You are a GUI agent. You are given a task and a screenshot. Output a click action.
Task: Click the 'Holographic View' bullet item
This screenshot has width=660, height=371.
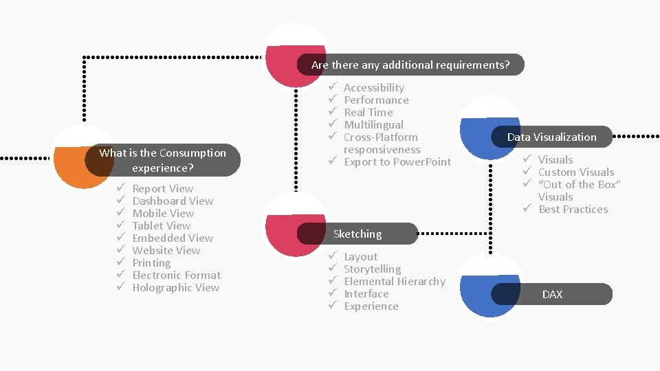(175, 287)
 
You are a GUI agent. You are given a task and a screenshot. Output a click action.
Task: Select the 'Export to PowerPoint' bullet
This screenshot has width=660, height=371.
(397, 161)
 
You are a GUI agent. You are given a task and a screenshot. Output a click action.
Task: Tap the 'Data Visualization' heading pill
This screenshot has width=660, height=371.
(551, 137)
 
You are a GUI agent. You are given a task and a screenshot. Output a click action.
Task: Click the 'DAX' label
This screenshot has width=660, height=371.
(552, 294)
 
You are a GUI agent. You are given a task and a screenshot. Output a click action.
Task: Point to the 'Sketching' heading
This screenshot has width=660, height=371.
(357, 234)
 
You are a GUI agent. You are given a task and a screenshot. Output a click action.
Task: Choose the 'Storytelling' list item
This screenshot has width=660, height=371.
(372, 269)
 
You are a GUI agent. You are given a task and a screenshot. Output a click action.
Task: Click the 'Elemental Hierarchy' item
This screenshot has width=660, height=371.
(394, 281)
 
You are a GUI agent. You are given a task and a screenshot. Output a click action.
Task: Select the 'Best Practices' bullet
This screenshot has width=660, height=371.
(573, 209)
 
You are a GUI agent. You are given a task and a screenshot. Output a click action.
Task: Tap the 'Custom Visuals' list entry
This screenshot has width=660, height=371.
(575, 172)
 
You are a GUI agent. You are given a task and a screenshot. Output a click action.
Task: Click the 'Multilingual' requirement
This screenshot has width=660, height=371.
(373, 124)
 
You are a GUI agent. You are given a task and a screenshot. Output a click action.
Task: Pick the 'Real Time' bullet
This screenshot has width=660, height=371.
(368, 112)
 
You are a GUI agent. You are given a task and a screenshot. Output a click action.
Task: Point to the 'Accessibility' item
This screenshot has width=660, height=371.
(373, 87)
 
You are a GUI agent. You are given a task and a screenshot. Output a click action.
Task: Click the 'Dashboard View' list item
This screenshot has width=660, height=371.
(173, 201)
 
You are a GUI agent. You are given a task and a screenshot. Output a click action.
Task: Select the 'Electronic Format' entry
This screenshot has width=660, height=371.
(176, 275)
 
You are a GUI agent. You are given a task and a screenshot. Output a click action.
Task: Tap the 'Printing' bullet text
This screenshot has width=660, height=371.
(151, 262)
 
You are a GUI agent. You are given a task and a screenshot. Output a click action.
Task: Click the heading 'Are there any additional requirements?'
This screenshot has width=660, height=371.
(410, 65)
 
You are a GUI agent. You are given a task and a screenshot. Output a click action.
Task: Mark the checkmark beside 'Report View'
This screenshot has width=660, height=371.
(120, 188)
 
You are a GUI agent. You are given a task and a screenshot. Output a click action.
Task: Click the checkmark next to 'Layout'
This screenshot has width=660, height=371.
(331, 256)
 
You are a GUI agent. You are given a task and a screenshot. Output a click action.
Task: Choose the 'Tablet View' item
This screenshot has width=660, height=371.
(161, 225)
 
